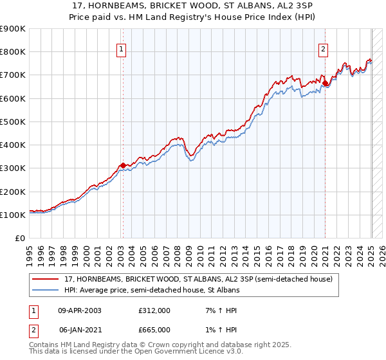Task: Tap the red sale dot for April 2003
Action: click(x=123, y=165)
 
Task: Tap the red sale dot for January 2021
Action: click(x=326, y=83)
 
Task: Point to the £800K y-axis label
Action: click(x=13, y=52)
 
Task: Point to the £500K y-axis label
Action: click(x=13, y=122)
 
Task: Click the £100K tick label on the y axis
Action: click(x=13, y=215)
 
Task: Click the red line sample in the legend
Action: click(x=46, y=279)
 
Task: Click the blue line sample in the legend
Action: click(x=46, y=290)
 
